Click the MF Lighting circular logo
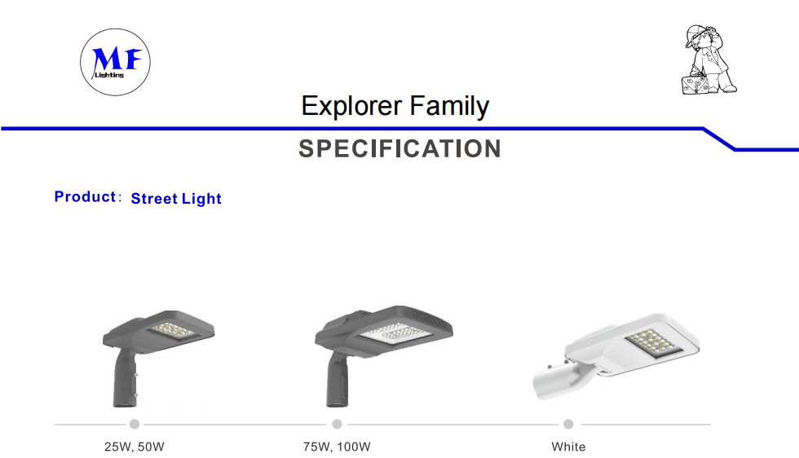tap(115, 62)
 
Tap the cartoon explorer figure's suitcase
tap(695, 84)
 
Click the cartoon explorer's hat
tap(695, 34)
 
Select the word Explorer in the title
tap(351, 106)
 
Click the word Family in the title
tap(449, 107)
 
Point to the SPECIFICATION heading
tap(400, 149)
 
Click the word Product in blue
tap(85, 196)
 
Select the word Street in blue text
tap(154, 198)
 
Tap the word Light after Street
tap(201, 199)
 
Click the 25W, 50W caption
tap(135, 447)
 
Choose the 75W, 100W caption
tap(337, 447)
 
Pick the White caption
tap(569, 447)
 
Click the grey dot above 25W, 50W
tap(135, 424)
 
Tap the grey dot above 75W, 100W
tap(337, 424)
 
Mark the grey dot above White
tap(569, 424)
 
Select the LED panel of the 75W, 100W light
tap(395, 333)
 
